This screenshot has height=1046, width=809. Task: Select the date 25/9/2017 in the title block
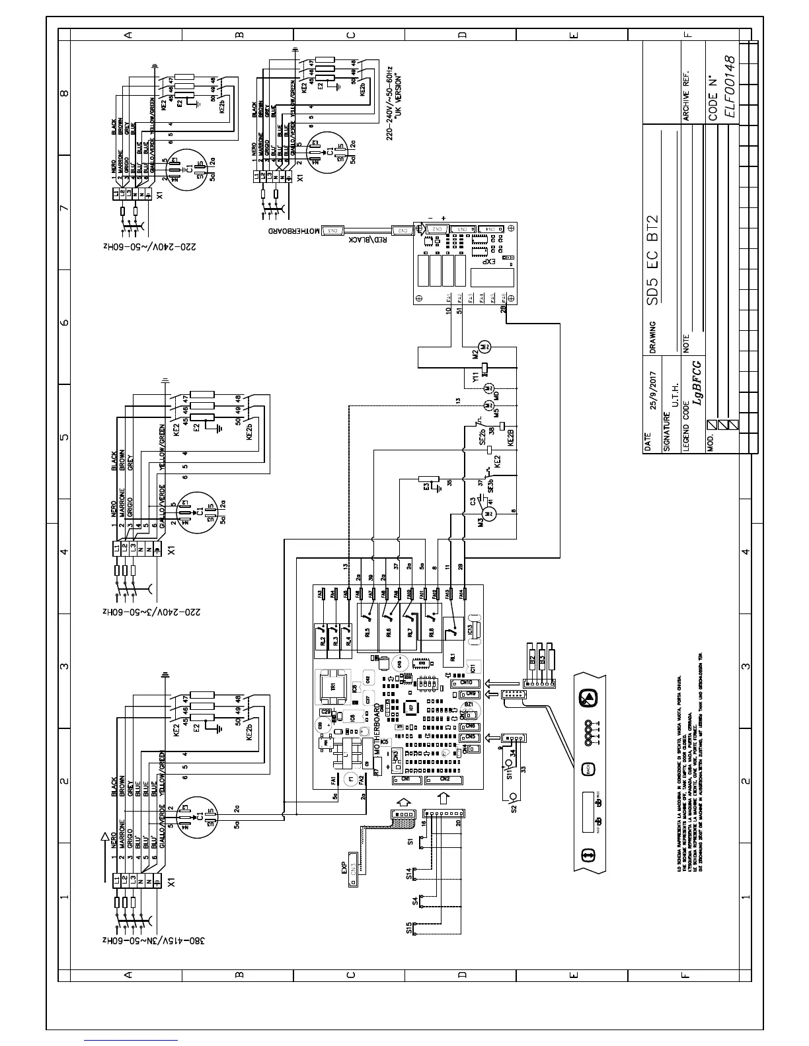tap(653, 392)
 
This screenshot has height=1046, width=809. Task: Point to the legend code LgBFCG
tap(695, 383)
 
